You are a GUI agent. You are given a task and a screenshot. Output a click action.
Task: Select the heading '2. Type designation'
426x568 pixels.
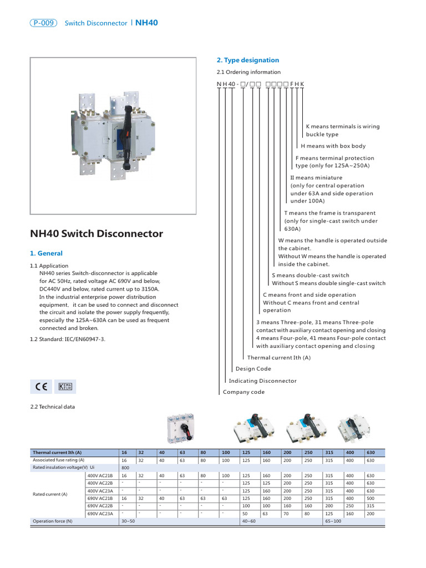pyautogui.click(x=247, y=60)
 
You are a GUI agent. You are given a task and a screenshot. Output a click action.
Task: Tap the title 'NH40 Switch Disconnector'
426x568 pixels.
pyautogui.click(x=96, y=234)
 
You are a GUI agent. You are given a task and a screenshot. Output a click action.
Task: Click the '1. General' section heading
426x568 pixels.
pyautogui.click(x=45, y=253)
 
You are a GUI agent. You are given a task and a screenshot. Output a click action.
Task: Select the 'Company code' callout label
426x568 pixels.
pyautogui.click(x=244, y=392)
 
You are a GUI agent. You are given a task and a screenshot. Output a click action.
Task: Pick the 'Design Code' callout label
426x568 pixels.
pyautogui.click(x=253, y=369)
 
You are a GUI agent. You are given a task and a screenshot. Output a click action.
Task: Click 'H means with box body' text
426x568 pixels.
pyautogui.click(x=333, y=146)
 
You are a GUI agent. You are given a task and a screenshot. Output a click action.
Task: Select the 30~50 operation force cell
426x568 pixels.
pyautogui.click(x=128, y=521)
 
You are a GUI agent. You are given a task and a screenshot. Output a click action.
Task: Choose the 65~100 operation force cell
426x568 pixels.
pyautogui.click(x=333, y=521)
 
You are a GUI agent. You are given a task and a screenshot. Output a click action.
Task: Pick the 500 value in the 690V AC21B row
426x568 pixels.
pyautogui.click(x=371, y=498)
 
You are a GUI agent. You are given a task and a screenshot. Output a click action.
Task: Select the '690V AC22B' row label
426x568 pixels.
pyautogui.click(x=100, y=506)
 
